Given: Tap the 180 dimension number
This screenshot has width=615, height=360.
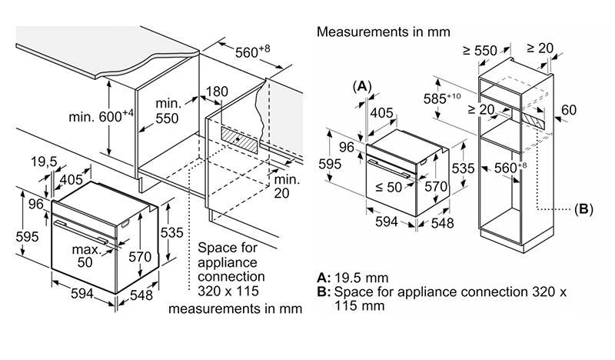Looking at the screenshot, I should coord(218,92).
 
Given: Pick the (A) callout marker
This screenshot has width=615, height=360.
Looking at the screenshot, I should coord(362,85).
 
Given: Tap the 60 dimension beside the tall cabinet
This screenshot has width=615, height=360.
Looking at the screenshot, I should coord(568,111).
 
